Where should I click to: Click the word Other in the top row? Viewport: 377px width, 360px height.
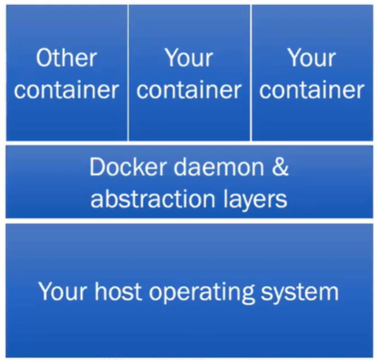click(67, 58)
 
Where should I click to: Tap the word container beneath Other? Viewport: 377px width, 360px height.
click(67, 90)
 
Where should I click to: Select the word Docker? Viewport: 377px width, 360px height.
click(128, 167)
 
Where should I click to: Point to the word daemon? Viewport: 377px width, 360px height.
click(218, 167)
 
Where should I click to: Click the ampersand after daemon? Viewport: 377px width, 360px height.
click(281, 167)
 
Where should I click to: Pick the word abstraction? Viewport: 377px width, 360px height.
click(153, 199)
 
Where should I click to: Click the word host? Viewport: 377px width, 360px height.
click(118, 291)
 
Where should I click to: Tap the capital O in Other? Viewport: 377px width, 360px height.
click(43, 58)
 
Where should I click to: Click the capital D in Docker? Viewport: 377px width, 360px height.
click(97, 167)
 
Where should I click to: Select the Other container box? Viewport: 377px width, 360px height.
click(67, 73)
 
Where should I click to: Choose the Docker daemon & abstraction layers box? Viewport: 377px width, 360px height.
click(189, 182)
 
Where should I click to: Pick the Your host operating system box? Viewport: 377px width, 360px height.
click(189, 290)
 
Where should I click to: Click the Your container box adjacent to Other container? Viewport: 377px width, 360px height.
click(189, 73)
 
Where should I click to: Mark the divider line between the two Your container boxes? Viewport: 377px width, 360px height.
click(251, 73)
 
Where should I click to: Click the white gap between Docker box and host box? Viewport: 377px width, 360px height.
click(189, 221)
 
